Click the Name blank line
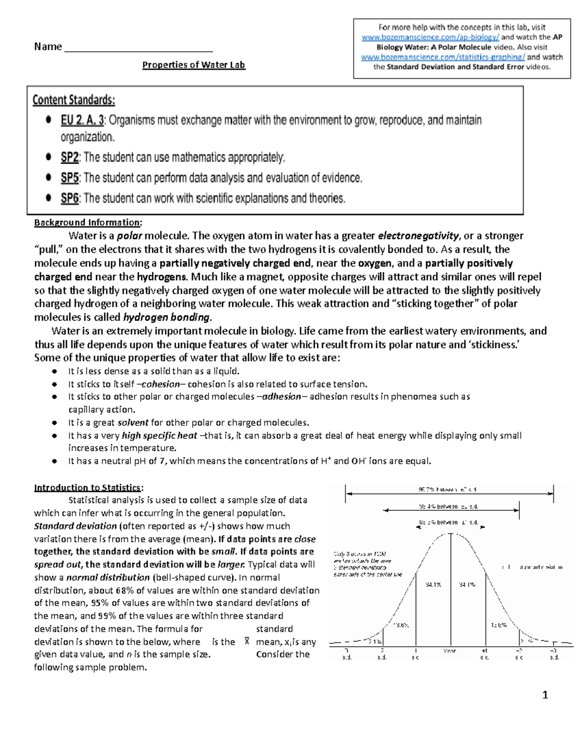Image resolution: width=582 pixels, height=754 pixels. click(x=138, y=48)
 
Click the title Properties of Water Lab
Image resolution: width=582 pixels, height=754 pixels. click(x=194, y=65)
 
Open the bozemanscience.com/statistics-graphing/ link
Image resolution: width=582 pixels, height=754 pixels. click(x=443, y=57)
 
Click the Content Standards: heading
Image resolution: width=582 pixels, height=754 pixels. click(x=74, y=101)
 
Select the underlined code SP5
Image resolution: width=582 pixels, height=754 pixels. click(x=70, y=178)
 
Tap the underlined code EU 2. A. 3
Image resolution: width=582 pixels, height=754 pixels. click(x=82, y=120)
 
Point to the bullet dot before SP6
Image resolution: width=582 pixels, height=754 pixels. click(x=48, y=198)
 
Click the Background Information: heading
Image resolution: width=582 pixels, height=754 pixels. click(x=88, y=222)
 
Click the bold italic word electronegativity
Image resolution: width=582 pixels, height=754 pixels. click(x=418, y=236)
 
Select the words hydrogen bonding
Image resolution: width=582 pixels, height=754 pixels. click(x=167, y=318)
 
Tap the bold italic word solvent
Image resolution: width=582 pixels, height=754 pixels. click(x=133, y=422)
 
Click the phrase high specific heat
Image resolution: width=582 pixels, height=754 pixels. click(x=159, y=436)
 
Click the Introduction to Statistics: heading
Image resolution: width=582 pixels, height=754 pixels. click(x=88, y=487)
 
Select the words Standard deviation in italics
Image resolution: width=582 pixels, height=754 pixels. click(x=75, y=526)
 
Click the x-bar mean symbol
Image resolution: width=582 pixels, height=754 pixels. click(x=247, y=641)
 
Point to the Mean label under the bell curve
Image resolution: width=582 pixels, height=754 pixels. click(x=450, y=651)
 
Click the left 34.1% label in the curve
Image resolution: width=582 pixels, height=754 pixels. click(x=433, y=585)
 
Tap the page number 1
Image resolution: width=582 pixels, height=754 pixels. click(x=545, y=695)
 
